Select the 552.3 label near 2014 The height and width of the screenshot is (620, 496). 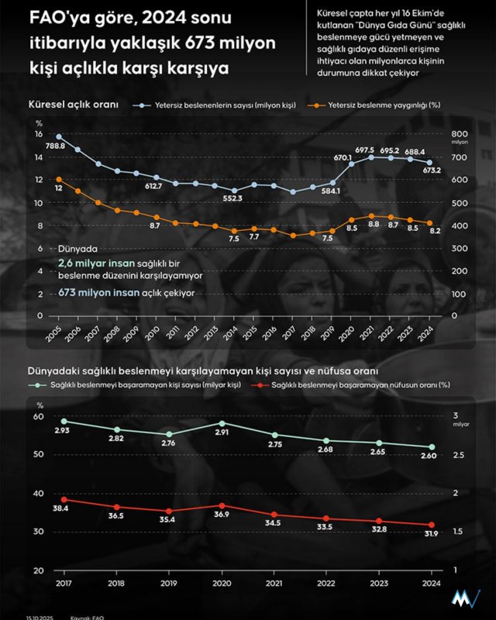pos(233,199)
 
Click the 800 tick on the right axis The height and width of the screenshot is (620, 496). pos(460,133)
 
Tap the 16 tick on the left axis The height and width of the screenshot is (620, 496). pos(39,133)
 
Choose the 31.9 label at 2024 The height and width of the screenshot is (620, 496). pos(432,534)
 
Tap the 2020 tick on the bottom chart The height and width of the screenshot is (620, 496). pos(222,582)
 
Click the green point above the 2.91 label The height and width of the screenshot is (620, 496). pos(222,423)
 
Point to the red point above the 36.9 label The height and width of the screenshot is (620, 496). pos(222,505)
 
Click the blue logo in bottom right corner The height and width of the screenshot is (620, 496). pos(467,599)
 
